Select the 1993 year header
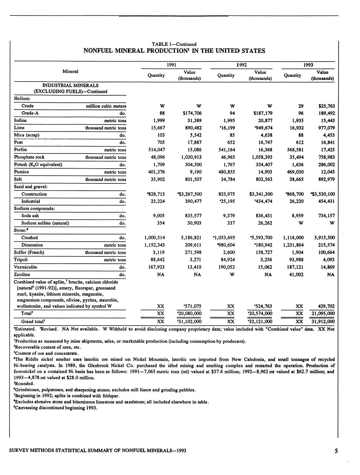click(308, 65)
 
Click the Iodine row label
click(20, 120)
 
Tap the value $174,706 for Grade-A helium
click(192, 113)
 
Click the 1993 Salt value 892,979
click(325, 179)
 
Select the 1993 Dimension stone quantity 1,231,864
click(293, 245)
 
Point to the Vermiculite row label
click(25, 267)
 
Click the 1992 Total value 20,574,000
click(259, 314)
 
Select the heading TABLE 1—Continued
click(174, 44)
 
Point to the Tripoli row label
click(21, 260)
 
